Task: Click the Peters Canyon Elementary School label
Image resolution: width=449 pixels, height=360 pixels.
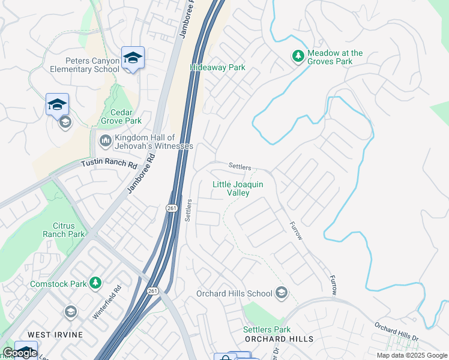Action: (92, 65)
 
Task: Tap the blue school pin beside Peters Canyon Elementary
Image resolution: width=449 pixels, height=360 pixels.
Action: (133, 58)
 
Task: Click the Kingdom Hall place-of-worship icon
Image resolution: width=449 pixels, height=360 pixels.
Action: (105, 141)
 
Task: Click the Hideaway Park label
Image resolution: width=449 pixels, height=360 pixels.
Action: (217, 68)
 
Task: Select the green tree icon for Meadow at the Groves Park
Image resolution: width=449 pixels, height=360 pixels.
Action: (298, 56)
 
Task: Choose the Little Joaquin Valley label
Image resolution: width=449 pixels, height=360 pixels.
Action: (238, 188)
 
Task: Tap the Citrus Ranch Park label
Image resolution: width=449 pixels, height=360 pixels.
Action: (64, 230)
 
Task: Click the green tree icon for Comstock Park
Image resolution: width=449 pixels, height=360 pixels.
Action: (95, 282)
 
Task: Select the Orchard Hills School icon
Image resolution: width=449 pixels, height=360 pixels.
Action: (281, 293)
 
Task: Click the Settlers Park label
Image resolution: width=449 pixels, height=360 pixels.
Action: (267, 329)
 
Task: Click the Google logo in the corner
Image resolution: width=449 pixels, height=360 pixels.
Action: (20, 353)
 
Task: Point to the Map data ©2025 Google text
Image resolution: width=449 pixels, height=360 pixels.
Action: (412, 355)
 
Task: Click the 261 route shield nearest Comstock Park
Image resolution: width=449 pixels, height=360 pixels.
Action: (153, 291)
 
